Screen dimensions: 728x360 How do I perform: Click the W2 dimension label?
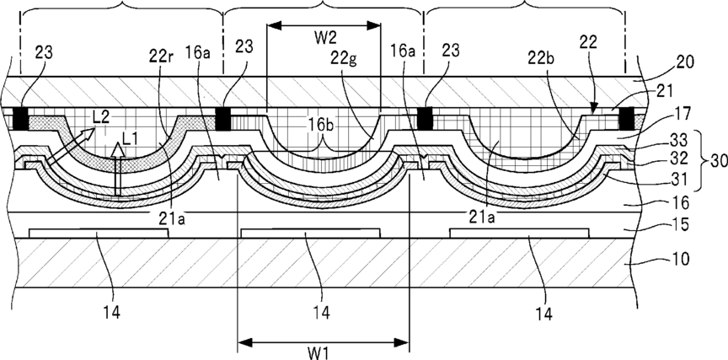(x=325, y=38)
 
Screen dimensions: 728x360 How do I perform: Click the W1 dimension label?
(x=318, y=353)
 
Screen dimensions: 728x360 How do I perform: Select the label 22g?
(x=344, y=59)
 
